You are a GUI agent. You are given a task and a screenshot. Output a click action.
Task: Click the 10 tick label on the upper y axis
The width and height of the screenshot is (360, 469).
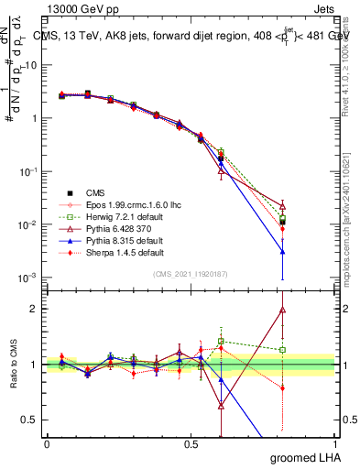[x=31, y=66]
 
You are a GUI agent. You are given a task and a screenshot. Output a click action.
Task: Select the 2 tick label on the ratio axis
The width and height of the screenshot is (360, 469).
[x=34, y=309]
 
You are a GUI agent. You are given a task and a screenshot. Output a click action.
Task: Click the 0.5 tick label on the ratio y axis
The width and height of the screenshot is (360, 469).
[x=30, y=420]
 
